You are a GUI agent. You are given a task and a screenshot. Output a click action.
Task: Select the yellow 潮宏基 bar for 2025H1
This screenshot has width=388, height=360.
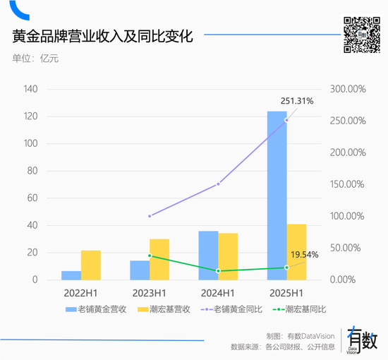point(296,252)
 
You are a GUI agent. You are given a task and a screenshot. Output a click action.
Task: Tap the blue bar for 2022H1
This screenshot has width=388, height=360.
point(71,275)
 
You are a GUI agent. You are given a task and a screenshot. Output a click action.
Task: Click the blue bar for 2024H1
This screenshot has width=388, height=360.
point(208,256)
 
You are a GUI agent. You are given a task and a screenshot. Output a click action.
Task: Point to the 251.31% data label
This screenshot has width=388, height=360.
point(296,101)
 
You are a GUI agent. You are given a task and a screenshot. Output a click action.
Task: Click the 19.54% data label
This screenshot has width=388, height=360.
point(305,254)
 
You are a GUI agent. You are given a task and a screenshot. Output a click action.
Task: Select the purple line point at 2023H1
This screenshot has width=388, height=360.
point(150,216)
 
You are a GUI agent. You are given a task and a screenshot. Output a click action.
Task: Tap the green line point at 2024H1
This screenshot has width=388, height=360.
point(218,270)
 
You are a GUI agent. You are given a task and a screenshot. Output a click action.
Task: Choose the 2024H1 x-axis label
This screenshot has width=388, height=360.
point(218,292)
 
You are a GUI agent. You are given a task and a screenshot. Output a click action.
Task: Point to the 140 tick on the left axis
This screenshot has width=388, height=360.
point(30,89)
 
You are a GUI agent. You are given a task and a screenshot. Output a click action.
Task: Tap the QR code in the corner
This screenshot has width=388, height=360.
point(360,35)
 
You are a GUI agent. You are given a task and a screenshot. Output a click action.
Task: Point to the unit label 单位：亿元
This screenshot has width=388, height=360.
point(35,58)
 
